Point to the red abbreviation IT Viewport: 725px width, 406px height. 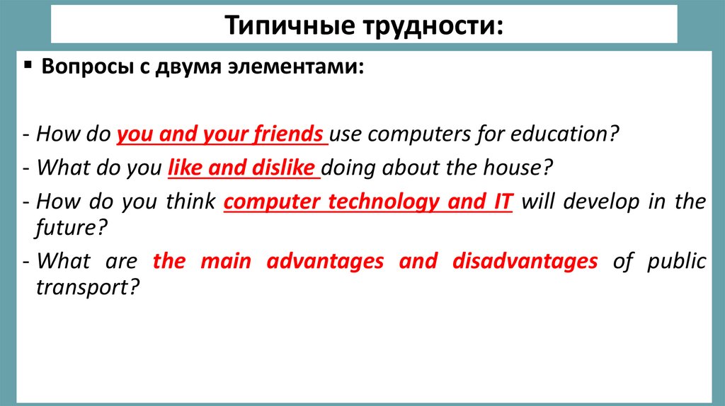coord(498,202)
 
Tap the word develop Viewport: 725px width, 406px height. coord(602,202)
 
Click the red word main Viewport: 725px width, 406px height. coord(225,262)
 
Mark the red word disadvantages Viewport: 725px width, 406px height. coord(525,262)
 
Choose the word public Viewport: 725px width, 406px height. coord(676,262)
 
